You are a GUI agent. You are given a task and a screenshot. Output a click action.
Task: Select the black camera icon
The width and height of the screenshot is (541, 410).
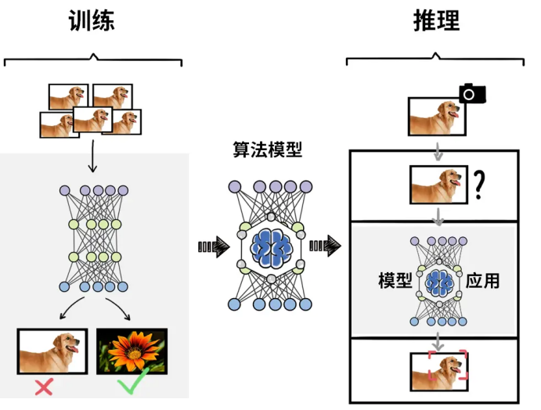pos(472,94)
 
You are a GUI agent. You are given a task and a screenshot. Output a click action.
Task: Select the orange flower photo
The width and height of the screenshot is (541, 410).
pos(132,351)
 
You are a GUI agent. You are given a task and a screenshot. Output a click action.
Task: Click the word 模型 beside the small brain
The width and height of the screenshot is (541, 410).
pos(395,280)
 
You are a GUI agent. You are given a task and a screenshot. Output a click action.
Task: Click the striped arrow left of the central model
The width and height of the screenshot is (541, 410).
pos(214,247)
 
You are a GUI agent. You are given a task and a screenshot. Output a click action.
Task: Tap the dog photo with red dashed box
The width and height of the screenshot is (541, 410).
pos(439,372)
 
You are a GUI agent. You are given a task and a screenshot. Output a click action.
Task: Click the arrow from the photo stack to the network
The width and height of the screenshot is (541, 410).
pos(92,156)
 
